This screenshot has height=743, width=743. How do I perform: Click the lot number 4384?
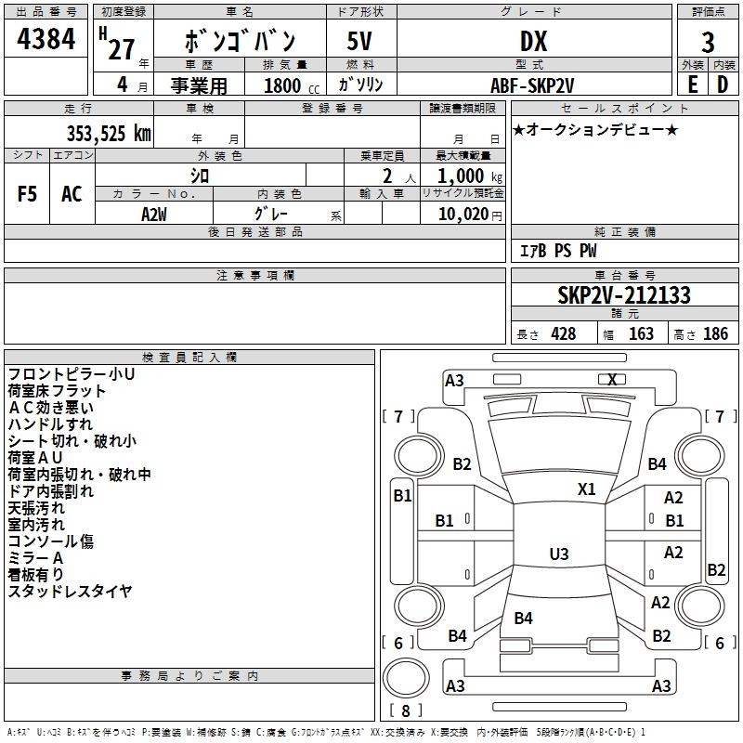[x=46, y=39]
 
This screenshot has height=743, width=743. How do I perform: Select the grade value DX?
[x=533, y=41]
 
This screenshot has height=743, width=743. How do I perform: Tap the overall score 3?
[x=708, y=43]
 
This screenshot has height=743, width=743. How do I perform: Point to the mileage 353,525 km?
[x=109, y=133]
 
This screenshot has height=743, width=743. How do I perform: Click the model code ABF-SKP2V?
[x=532, y=85]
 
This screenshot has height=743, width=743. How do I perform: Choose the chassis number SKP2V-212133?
[x=624, y=295]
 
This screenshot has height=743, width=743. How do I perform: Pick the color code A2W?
[x=154, y=215]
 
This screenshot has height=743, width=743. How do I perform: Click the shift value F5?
[x=27, y=194]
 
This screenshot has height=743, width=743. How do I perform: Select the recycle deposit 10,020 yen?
[x=470, y=215]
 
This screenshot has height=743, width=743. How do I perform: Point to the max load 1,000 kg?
[x=470, y=176]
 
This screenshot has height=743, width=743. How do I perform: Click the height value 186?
[x=715, y=333]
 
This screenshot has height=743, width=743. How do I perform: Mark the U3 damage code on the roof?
[x=559, y=554]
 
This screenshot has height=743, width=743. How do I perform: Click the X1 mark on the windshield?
[x=586, y=489]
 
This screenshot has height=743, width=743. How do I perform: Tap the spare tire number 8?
[x=405, y=710]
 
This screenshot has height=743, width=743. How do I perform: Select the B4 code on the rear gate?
[x=523, y=618]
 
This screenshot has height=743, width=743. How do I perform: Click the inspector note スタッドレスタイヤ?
[x=70, y=591]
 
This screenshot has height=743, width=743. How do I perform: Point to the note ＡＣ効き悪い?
[x=51, y=408]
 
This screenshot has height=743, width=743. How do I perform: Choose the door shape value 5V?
[x=359, y=41]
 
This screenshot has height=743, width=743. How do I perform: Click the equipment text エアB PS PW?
[x=558, y=251]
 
